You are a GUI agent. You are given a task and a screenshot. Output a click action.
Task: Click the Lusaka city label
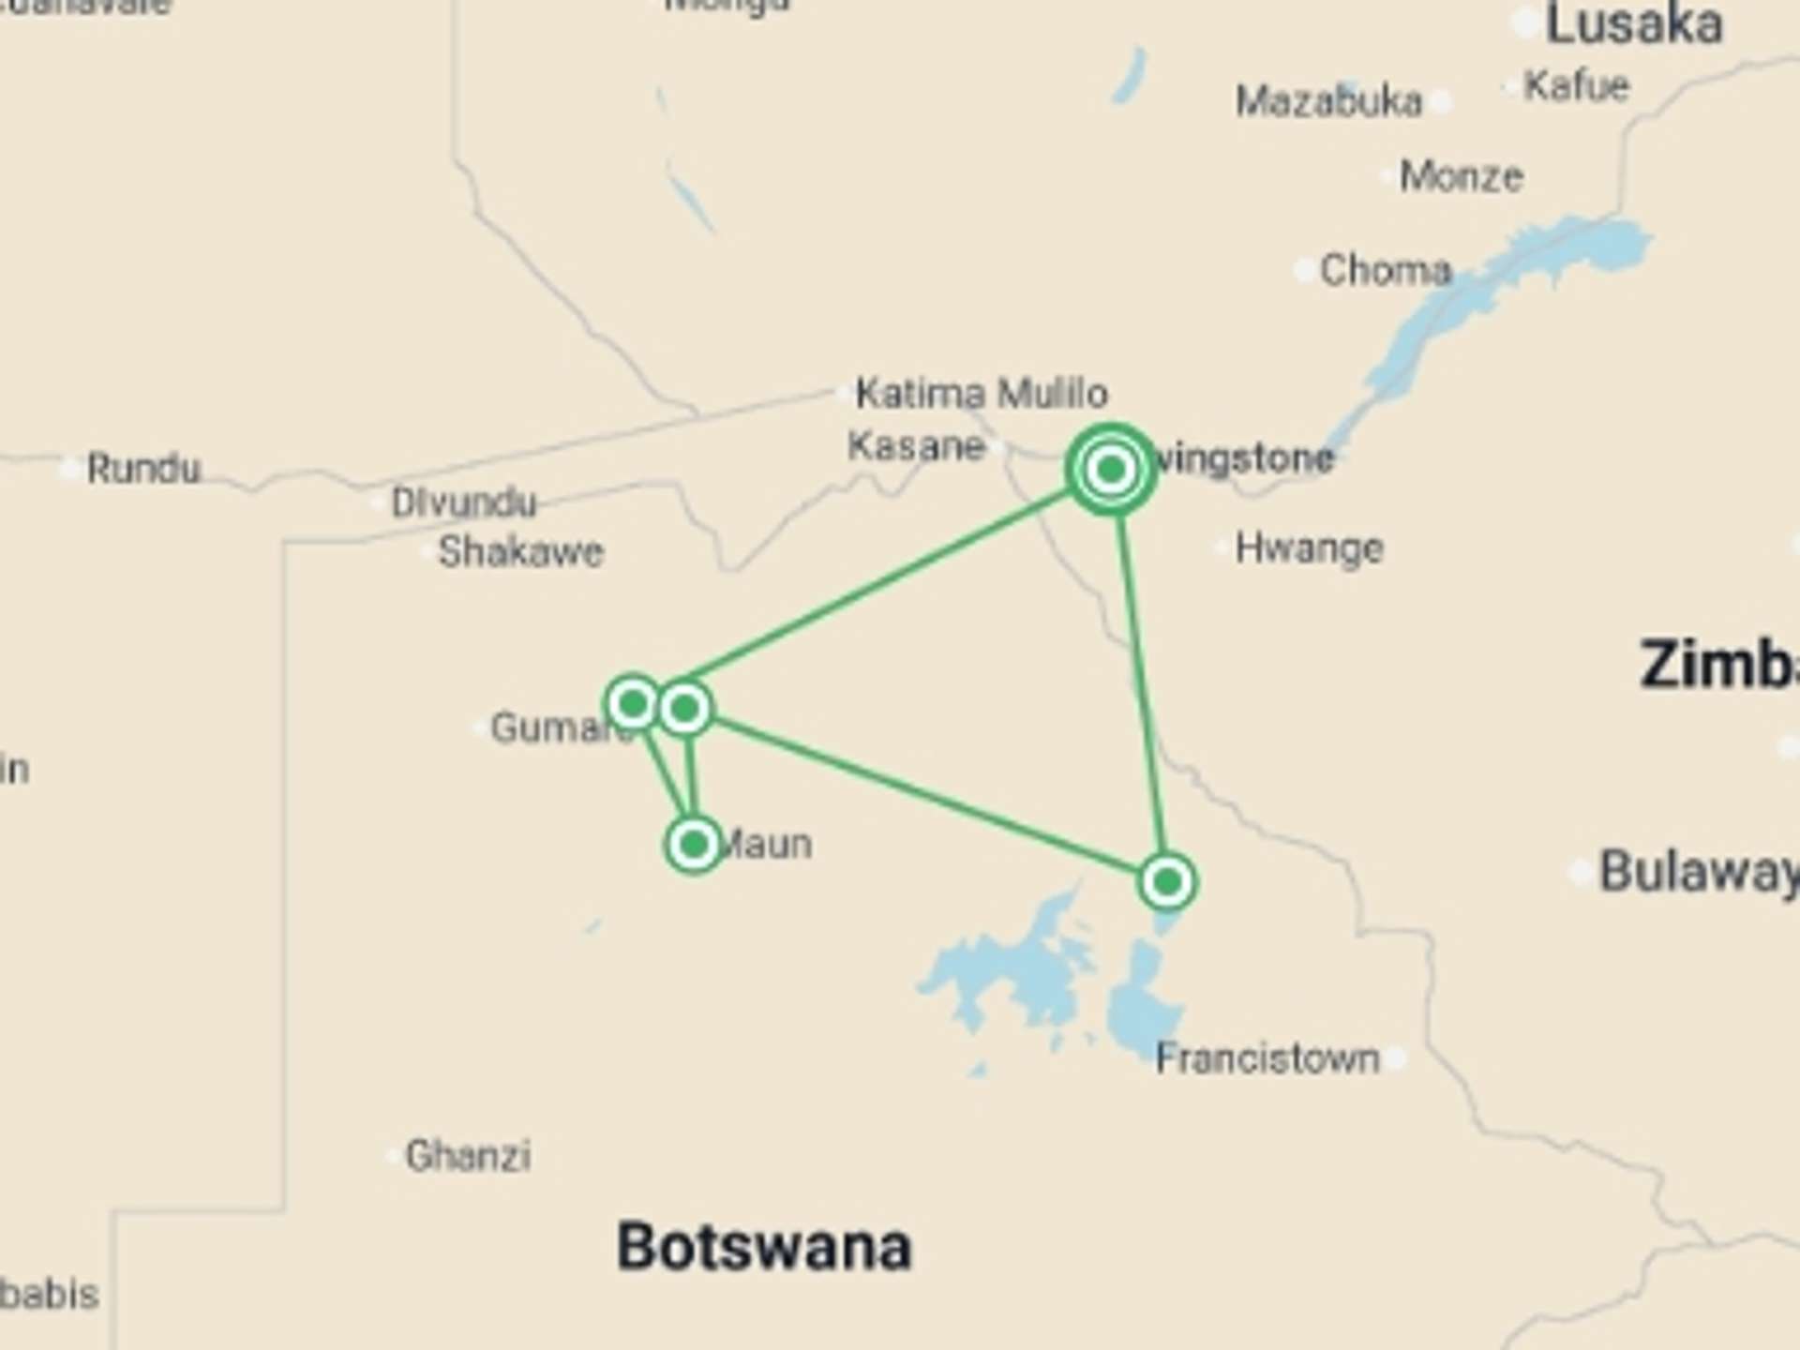(x=1633, y=24)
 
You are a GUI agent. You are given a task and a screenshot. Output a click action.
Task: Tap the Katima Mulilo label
(x=981, y=393)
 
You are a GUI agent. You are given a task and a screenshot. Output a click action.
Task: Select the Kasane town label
(x=916, y=446)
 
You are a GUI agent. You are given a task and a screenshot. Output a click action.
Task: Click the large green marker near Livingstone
(x=1111, y=469)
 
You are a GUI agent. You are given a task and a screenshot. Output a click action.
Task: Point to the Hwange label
(x=1309, y=548)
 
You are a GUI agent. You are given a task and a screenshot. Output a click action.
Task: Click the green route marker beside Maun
(x=694, y=845)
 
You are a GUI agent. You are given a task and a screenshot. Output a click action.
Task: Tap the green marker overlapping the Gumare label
(x=633, y=703)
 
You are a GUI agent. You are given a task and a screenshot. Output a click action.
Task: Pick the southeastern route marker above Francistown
(x=1167, y=881)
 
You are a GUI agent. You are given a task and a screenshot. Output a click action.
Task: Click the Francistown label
(x=1267, y=1059)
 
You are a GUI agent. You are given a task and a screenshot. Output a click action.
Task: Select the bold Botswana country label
(x=764, y=1247)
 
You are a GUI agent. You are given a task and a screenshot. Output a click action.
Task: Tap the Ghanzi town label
(x=468, y=1156)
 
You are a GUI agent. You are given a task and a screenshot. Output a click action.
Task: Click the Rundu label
(x=143, y=469)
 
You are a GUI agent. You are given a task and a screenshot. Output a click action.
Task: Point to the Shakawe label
(x=520, y=551)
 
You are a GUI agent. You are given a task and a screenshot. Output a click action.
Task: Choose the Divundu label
(x=463, y=503)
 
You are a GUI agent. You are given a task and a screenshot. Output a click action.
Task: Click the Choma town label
(x=1386, y=271)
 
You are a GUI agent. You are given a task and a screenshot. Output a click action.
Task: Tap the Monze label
(x=1461, y=176)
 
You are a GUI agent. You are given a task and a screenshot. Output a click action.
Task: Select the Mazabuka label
(x=1328, y=101)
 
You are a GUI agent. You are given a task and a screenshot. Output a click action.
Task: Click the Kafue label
(x=1577, y=86)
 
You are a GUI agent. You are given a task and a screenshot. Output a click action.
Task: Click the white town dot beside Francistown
(x=1397, y=1059)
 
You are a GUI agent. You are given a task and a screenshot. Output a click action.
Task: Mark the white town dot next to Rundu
(x=70, y=468)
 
